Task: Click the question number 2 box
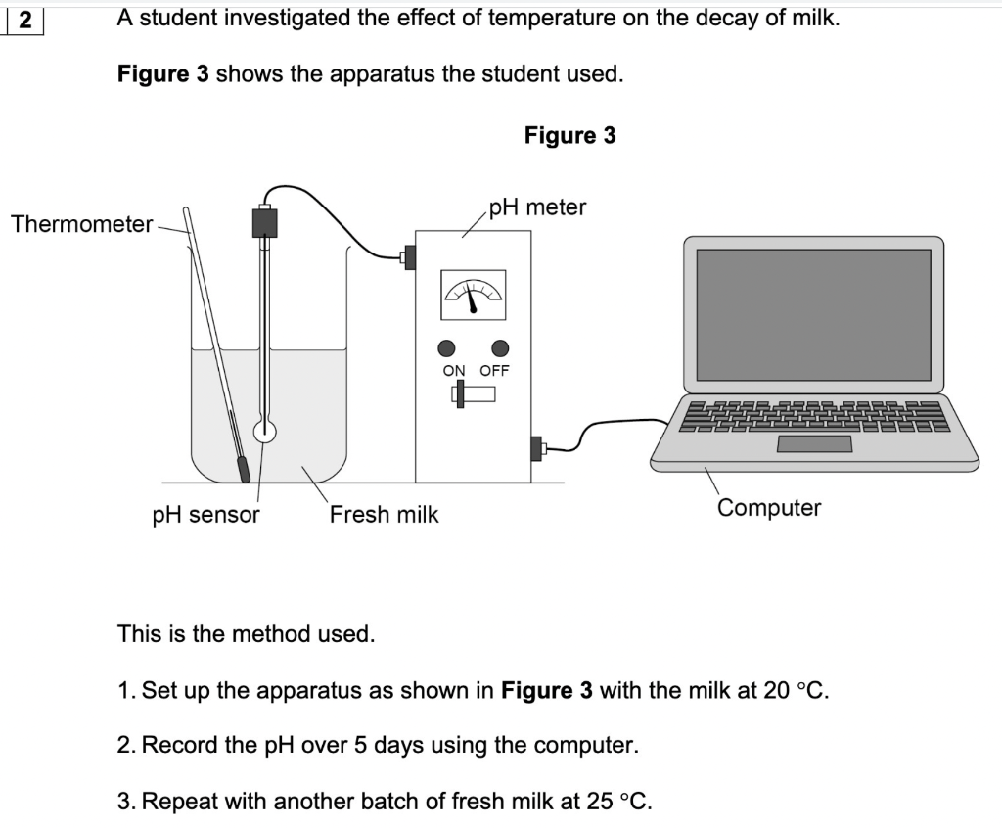click(23, 19)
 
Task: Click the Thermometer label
click(81, 225)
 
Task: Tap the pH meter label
click(537, 207)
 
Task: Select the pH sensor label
click(206, 515)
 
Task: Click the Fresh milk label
click(384, 515)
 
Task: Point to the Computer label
click(769, 508)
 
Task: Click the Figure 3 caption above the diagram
click(569, 136)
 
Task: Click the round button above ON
click(447, 347)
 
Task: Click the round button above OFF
click(501, 347)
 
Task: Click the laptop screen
click(813, 313)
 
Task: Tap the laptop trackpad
click(814, 444)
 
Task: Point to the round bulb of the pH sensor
click(263, 431)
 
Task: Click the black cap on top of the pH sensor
click(264, 222)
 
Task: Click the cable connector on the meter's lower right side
click(536, 448)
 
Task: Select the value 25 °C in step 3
click(618, 802)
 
